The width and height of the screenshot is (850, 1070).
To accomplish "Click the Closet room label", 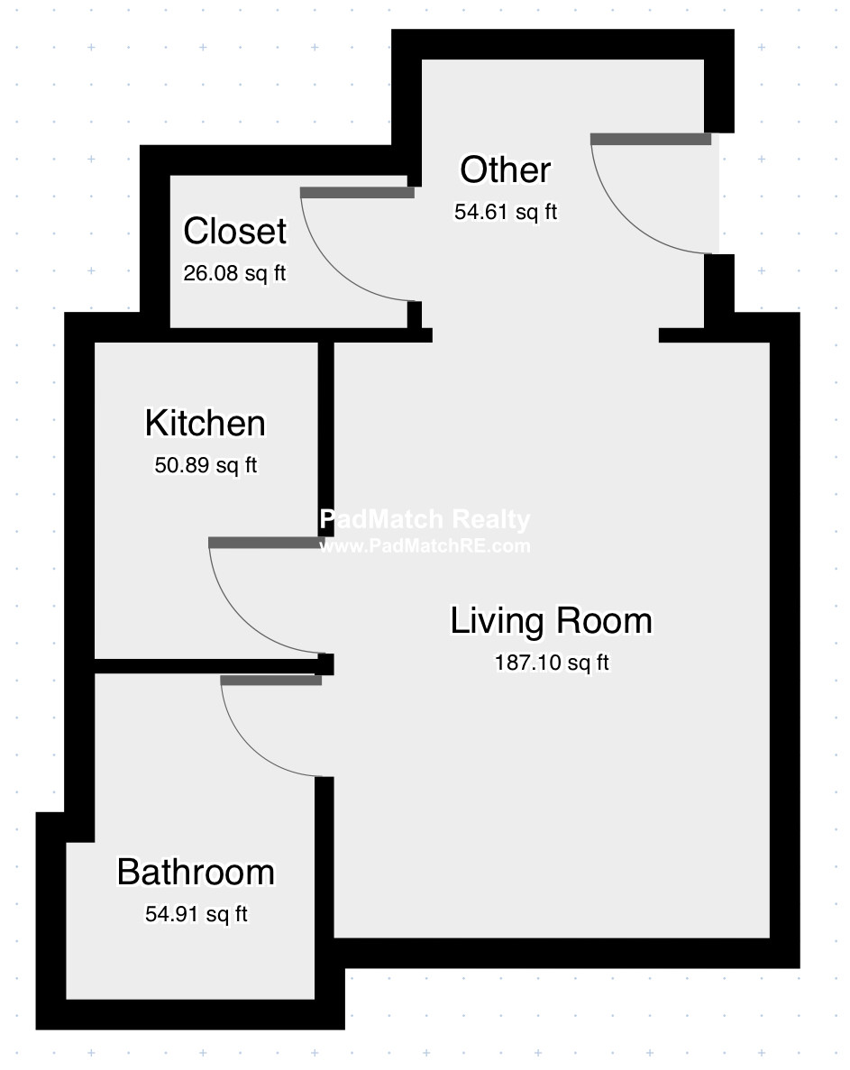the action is click(234, 231).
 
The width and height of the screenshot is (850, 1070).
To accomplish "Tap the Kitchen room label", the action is click(205, 423).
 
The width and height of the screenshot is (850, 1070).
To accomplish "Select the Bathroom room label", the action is click(196, 872).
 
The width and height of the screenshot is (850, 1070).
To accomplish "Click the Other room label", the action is click(506, 169).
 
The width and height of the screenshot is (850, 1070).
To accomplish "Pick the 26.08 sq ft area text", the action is click(234, 274).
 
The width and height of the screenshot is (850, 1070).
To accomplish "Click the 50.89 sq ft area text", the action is click(206, 465).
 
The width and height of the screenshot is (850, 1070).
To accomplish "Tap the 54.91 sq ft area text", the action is click(197, 914).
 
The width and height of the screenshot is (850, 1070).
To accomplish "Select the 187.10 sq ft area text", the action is click(552, 663).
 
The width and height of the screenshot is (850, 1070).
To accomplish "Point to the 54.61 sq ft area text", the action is click(506, 212).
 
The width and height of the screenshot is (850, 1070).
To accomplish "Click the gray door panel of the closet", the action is click(358, 192).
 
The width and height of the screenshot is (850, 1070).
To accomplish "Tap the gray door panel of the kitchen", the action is click(266, 543).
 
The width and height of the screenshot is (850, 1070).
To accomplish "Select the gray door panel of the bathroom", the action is click(270, 681).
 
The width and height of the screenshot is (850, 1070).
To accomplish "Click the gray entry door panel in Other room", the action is click(651, 139).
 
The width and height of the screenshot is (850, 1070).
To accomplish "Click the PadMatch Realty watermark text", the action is click(425, 519).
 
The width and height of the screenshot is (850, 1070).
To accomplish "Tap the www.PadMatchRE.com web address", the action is click(425, 546).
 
